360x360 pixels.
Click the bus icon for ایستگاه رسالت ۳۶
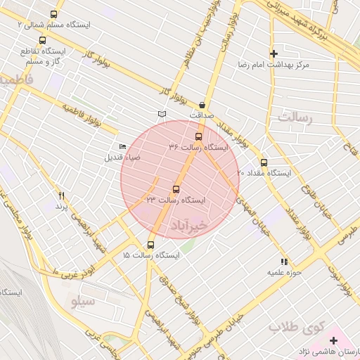click(x=198, y=137)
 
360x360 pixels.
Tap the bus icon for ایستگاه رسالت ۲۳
click(x=176, y=189)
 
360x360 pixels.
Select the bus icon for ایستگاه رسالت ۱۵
click(x=150, y=245)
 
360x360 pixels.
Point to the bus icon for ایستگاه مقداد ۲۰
click(x=264, y=162)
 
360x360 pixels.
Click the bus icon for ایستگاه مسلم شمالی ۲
click(x=54, y=14)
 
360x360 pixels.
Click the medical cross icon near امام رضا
click(x=274, y=53)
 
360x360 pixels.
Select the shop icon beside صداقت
click(x=202, y=103)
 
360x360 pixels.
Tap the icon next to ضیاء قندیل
click(x=123, y=146)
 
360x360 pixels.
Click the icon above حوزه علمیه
click(x=284, y=261)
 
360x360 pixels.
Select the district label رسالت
click(x=295, y=117)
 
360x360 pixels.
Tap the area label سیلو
click(x=83, y=301)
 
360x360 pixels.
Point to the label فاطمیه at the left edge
click(x=15, y=80)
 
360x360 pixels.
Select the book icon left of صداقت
click(x=162, y=113)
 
